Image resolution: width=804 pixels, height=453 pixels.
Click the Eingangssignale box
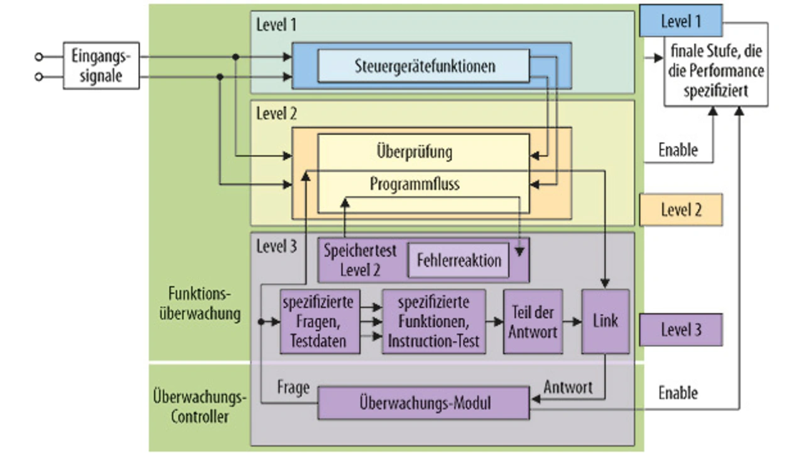101,66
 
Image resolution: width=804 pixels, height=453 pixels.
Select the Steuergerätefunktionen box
424,65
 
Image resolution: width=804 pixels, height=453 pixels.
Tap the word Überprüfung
414,152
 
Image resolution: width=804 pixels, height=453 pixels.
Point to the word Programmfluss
415,184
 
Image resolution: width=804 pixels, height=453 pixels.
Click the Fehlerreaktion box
459,259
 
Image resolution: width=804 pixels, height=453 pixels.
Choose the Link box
606,320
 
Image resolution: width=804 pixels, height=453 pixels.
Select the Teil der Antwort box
533,321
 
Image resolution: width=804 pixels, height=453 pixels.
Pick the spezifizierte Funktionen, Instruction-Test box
433,321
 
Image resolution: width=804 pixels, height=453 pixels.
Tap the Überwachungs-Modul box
423,403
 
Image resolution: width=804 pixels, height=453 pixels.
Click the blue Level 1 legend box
680,21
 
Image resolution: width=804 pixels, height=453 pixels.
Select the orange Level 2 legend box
680,209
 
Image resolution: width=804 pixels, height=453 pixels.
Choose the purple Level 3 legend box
680,329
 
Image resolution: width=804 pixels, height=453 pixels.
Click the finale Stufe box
717,70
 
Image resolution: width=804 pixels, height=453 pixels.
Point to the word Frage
293,387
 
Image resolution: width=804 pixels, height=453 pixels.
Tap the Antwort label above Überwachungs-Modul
568,386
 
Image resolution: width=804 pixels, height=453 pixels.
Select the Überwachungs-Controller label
200,407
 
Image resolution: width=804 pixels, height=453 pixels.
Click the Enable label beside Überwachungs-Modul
678,393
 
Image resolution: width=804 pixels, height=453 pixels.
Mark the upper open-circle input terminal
39,57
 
